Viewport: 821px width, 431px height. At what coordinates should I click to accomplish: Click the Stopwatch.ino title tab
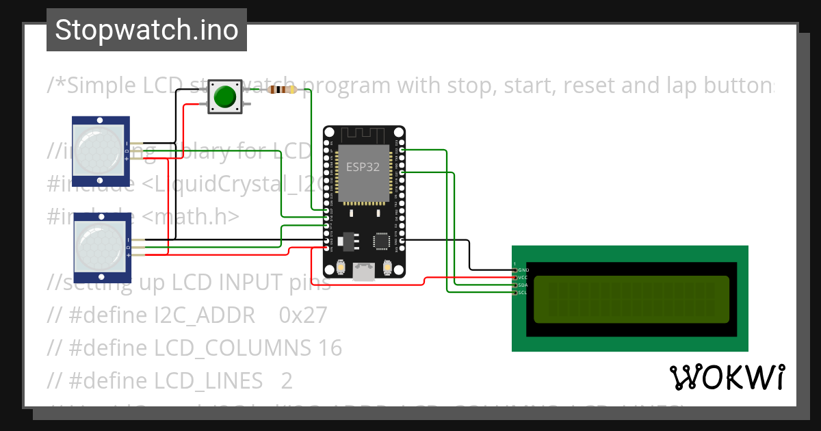click(146, 30)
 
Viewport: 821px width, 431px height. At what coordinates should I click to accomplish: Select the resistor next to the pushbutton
click(283, 90)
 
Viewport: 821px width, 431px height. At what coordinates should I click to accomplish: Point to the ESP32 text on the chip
click(363, 168)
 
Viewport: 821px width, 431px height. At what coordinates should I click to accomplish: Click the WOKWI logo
click(727, 377)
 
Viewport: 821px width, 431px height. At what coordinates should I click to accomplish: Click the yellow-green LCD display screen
click(631, 299)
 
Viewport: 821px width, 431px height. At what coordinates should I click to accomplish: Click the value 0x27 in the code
click(303, 315)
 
